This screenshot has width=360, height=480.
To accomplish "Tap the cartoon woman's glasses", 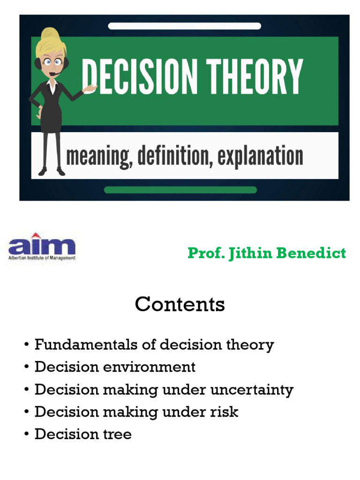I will coord(52,61).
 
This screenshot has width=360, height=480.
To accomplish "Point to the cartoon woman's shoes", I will coord(52,172).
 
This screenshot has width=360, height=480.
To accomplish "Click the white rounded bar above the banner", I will coord(184,26).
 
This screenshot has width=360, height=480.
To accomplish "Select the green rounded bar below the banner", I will coord(180,190).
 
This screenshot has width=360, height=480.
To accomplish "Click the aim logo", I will coord(41,247).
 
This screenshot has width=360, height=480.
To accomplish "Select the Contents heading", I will coord(180,305).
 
